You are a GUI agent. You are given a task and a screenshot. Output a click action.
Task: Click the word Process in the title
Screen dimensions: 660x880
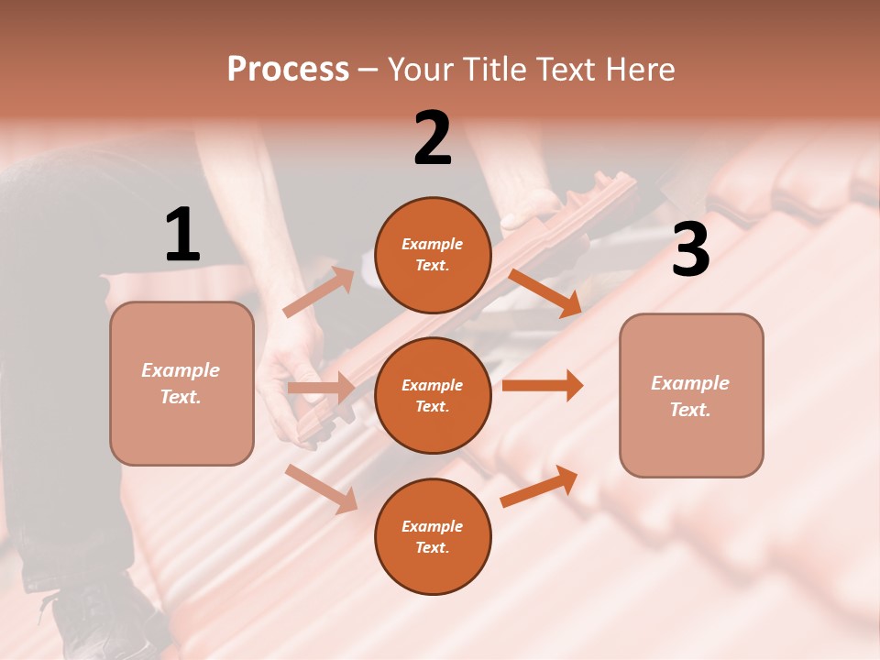click(x=288, y=69)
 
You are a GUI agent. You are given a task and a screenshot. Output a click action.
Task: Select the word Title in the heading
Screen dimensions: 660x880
click(x=495, y=69)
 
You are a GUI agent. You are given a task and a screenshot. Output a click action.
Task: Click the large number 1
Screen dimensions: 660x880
click(x=182, y=236)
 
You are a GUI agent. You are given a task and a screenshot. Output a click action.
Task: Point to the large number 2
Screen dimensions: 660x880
click(x=433, y=138)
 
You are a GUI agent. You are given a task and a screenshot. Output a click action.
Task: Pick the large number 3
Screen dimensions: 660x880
click(x=690, y=250)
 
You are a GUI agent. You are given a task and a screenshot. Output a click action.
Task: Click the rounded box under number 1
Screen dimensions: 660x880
click(x=181, y=383)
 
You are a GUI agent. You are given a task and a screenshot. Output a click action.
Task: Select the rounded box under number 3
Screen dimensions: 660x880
click(x=691, y=395)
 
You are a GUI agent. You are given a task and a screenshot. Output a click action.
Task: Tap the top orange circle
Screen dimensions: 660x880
click(x=433, y=255)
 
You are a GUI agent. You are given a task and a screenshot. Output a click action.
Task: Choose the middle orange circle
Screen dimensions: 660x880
click(x=433, y=395)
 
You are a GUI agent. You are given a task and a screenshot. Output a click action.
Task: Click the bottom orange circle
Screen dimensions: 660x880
click(x=433, y=536)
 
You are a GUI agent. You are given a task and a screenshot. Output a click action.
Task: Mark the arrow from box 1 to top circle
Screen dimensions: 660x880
click(x=319, y=292)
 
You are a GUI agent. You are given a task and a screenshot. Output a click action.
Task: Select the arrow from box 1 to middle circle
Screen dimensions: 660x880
click(x=321, y=388)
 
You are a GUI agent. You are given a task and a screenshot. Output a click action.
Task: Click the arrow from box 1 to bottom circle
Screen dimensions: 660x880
click(x=322, y=488)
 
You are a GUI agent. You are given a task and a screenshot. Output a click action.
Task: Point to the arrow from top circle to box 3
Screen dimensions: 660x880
click(x=544, y=292)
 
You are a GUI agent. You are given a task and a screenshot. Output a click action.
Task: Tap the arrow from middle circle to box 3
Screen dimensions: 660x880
click(x=542, y=385)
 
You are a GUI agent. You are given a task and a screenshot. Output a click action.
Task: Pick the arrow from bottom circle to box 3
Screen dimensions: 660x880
click(x=540, y=486)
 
